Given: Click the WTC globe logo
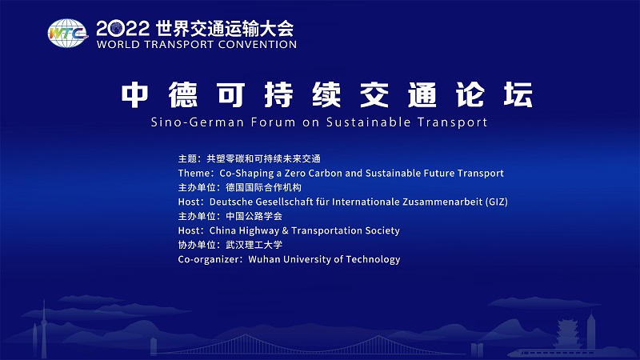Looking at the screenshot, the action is [x=68, y=34].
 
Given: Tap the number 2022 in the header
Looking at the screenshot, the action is [x=123, y=29].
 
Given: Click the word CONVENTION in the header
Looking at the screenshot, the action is [x=258, y=45].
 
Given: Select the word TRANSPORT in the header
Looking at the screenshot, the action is [x=179, y=45].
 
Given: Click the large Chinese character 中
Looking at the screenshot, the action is [x=134, y=94].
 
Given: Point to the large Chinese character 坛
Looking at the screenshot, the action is [x=518, y=94].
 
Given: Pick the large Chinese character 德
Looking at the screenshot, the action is [x=183, y=94].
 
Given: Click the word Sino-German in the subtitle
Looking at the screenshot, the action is [x=198, y=122].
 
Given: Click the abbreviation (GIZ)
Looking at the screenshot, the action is [x=496, y=202].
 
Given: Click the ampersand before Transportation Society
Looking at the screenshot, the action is [x=285, y=230].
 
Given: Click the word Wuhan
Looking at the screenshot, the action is [x=264, y=259].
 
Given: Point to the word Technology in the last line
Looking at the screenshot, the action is [x=373, y=259].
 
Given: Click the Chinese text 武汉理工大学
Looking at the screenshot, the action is [x=254, y=245].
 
